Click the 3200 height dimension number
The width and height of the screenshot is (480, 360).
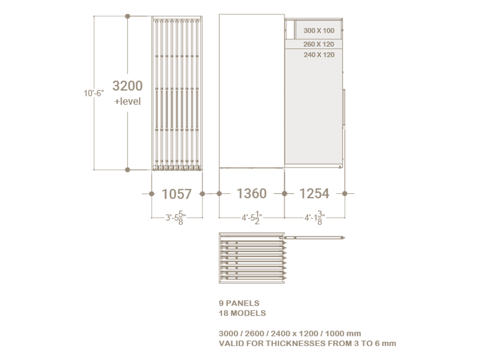pos(127,86)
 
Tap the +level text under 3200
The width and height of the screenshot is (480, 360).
pos(127,101)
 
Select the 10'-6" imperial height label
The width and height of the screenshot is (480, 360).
pos(94,93)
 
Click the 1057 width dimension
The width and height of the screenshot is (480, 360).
pos(177,194)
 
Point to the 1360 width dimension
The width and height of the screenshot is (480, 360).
pos(252,193)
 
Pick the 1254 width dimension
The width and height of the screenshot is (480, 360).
pos(314,193)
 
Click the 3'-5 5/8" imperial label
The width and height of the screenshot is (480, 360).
pos(175,218)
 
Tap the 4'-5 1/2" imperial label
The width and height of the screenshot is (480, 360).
pos(252,218)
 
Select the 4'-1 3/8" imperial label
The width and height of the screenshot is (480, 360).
pos(314,218)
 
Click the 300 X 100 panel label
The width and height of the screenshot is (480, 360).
pos(319,30)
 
